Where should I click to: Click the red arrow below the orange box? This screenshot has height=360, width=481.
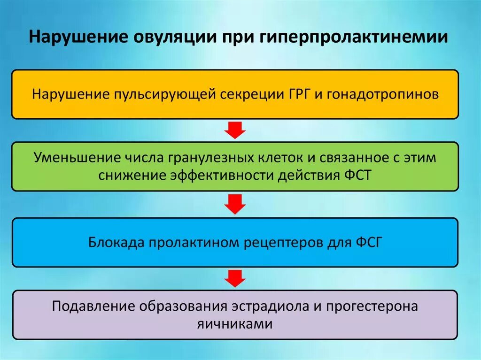click(x=235, y=130)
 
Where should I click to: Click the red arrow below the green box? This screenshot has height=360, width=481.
click(x=235, y=204)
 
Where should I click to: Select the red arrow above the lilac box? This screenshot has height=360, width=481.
click(x=235, y=278)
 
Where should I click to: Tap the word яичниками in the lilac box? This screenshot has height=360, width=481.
click(x=235, y=324)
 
